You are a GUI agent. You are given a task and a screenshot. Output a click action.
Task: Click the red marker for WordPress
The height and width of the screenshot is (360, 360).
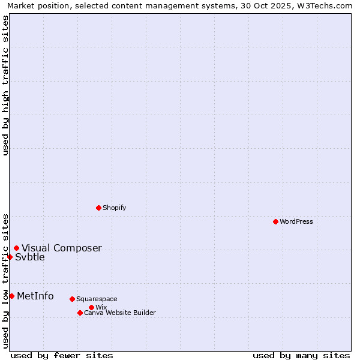(x=275, y=221)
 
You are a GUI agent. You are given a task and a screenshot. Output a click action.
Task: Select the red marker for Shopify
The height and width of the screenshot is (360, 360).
(x=98, y=208)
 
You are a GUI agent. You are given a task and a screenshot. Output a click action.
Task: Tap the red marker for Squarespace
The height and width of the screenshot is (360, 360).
(x=72, y=299)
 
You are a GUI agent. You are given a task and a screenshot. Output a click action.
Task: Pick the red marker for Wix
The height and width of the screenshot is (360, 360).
(x=91, y=307)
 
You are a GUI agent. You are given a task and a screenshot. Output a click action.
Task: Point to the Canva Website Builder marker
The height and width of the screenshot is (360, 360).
(x=80, y=313)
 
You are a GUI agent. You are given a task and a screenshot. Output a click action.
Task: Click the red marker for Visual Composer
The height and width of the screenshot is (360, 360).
(x=16, y=248)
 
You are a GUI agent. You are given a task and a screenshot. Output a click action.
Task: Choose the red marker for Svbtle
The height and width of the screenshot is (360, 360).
(x=10, y=257)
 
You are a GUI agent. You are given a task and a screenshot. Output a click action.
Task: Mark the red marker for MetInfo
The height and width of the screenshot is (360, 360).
(x=11, y=296)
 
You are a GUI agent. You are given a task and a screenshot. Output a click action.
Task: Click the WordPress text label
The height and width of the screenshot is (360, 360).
(x=296, y=221)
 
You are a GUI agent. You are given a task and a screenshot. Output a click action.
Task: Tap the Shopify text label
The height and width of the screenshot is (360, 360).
(x=114, y=208)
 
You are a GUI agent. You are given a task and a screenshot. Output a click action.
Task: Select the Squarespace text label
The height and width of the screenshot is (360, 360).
(x=97, y=299)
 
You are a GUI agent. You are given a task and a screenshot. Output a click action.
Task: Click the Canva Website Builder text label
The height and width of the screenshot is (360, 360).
(x=120, y=313)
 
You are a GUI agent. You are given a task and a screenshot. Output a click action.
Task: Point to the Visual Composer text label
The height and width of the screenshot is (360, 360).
(x=62, y=248)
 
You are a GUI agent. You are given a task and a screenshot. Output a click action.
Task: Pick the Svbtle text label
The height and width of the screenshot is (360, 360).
(x=30, y=257)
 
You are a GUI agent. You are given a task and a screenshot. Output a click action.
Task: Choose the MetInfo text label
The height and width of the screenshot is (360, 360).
(x=35, y=296)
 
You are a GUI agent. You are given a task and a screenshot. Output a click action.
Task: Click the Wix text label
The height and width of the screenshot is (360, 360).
(x=101, y=307)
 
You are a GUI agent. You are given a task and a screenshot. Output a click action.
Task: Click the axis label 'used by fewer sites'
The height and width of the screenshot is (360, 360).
(x=62, y=355)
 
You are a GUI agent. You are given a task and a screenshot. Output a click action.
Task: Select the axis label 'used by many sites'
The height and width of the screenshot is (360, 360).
(x=301, y=355)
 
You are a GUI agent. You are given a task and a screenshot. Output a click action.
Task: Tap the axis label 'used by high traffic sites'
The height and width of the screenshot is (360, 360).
(x=5, y=85)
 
